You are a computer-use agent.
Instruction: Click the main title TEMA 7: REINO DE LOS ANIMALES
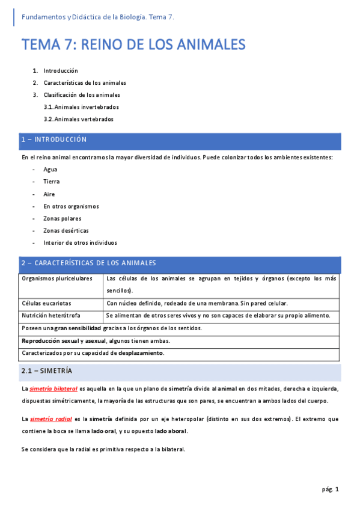tap(133, 45)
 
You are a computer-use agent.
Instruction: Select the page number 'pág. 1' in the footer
tap(331, 490)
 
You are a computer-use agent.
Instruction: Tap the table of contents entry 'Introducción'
tap(61, 70)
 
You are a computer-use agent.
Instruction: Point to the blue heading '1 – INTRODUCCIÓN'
tap(54, 140)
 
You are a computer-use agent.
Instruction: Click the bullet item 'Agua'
tap(50, 170)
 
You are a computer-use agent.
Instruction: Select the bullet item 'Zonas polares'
tap(63, 218)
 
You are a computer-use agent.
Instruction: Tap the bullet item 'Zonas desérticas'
tap(66, 231)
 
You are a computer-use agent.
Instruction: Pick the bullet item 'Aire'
tap(49, 194)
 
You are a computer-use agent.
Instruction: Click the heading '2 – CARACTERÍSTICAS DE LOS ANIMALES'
tap(88, 263)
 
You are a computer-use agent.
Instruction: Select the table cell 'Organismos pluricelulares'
tap(57, 279)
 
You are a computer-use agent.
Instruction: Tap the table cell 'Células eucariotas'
tap(46, 303)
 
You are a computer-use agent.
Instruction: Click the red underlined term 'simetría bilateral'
tap(53, 389)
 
